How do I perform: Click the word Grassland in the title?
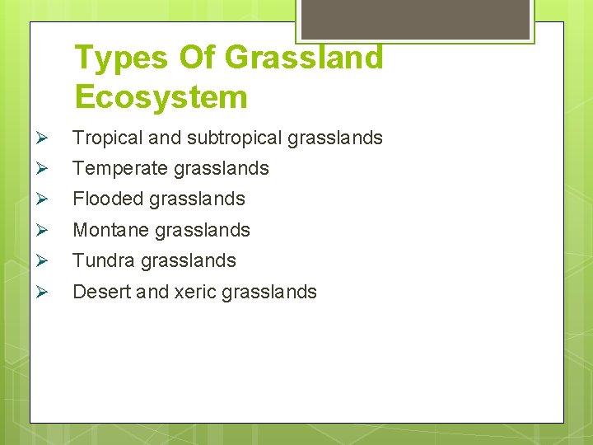pyautogui.click(x=303, y=58)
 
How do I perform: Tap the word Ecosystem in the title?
pyautogui.click(x=161, y=97)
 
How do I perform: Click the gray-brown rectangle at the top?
pyautogui.click(x=414, y=18)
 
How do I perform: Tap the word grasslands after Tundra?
pyautogui.click(x=188, y=260)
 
